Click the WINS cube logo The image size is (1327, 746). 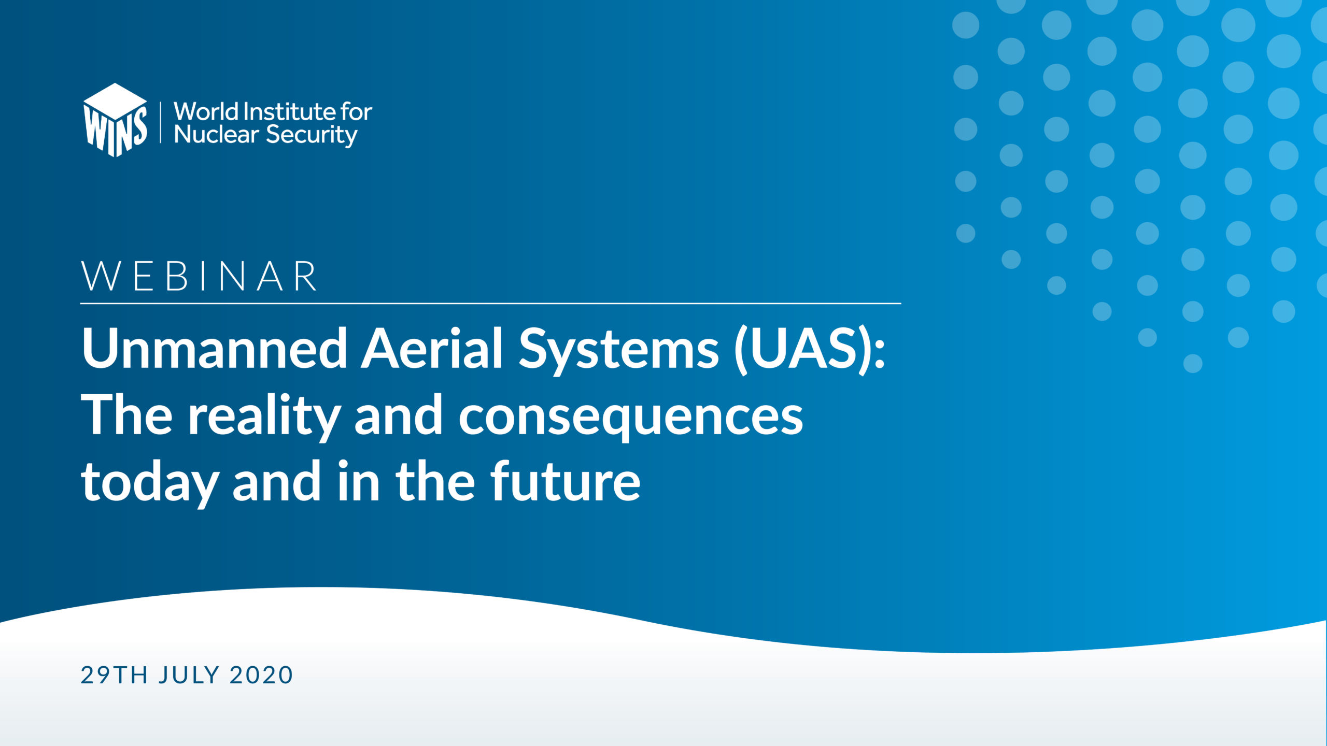coord(115,120)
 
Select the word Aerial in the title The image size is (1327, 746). coord(432,349)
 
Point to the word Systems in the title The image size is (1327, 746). coord(619,352)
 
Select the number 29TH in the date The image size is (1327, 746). coord(115,676)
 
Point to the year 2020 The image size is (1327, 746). coord(261,676)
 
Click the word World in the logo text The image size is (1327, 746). coord(206,111)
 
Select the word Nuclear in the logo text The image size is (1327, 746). coord(216,135)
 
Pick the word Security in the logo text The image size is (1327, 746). coord(312,136)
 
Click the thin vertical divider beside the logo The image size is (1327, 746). coord(161,122)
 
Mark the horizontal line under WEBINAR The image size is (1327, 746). coord(491,303)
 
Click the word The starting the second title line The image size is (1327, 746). coord(127,415)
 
